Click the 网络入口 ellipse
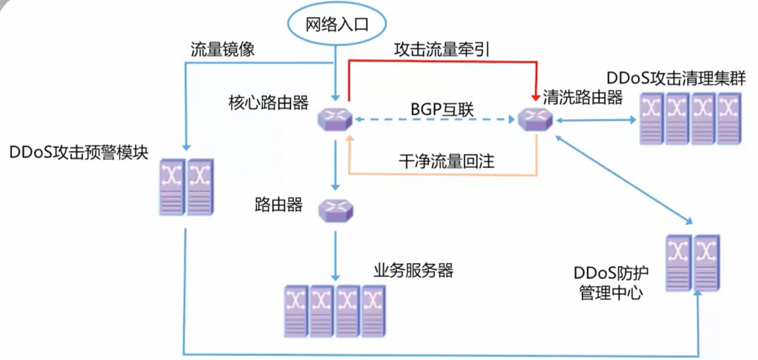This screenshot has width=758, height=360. tap(337, 25)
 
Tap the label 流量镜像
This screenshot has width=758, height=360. tap(223, 50)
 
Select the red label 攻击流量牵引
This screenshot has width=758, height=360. tap(441, 49)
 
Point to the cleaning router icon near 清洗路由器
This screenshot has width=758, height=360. tap(536, 119)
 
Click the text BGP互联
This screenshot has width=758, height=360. tap(442, 110)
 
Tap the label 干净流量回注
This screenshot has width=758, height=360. tap(446, 161)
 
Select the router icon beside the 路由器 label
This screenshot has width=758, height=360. tap(336, 210)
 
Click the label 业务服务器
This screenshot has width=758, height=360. tap(413, 270)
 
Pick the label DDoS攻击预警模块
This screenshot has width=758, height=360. tap(79, 152)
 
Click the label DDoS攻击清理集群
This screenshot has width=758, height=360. tap(676, 79)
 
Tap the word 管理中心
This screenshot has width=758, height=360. tap(611, 293)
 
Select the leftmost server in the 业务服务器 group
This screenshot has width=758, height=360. tap(296, 311)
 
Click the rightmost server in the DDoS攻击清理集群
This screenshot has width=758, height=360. tap(729, 119)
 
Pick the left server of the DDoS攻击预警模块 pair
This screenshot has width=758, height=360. tap(172, 187)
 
